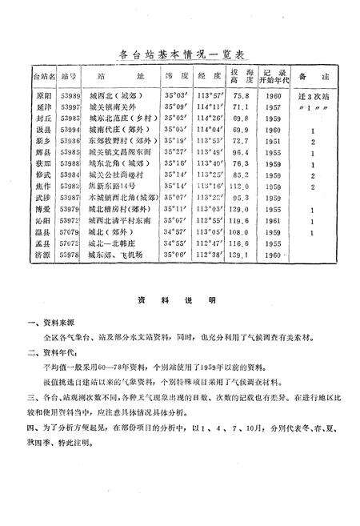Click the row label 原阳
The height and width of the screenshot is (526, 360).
pyautogui.click(x=43, y=94)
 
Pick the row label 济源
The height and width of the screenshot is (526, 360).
pyautogui.click(x=43, y=256)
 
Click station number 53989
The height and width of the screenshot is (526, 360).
pyautogui.click(x=70, y=94)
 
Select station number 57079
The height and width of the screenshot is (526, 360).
pyautogui.click(x=70, y=233)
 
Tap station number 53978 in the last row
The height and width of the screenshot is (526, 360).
pyautogui.click(x=70, y=256)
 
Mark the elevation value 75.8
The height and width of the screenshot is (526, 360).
pyautogui.click(x=240, y=94)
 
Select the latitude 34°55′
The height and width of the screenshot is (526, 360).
pyautogui.click(x=174, y=244)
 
